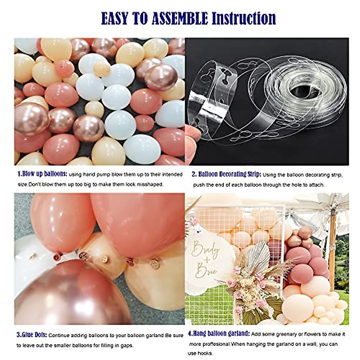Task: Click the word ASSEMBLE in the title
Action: (x=180, y=19)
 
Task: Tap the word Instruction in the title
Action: (x=244, y=19)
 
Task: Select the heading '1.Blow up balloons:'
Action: (x=42, y=174)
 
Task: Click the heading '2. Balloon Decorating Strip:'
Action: (x=226, y=174)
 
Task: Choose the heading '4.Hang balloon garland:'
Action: (x=219, y=333)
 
